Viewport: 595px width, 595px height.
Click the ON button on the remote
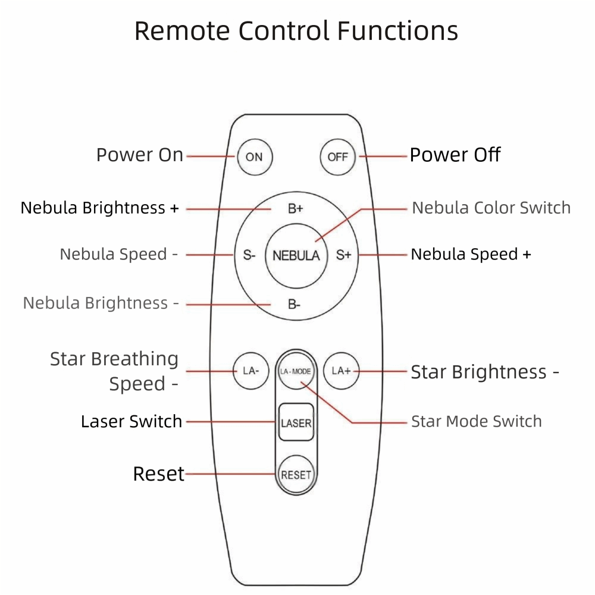[x=254, y=157]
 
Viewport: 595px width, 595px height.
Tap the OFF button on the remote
[x=337, y=157]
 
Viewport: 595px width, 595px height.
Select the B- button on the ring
[x=295, y=305]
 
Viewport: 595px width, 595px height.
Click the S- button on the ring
[x=249, y=255]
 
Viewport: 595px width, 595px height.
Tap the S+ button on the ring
[x=343, y=255]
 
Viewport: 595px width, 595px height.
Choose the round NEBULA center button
[x=296, y=256]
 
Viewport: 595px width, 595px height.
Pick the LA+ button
[x=341, y=371]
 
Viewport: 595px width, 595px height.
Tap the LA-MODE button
[x=296, y=371]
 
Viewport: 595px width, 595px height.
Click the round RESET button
[x=296, y=475]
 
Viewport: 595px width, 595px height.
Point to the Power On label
[x=140, y=155]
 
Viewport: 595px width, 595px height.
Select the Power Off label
[x=455, y=155]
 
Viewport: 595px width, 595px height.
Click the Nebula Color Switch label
[x=491, y=208]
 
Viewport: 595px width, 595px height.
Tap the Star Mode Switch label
[x=476, y=422]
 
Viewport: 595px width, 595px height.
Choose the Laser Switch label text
[x=131, y=422]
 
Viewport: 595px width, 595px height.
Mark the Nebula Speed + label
[x=471, y=255]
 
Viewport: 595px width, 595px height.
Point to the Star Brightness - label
[x=484, y=372]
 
